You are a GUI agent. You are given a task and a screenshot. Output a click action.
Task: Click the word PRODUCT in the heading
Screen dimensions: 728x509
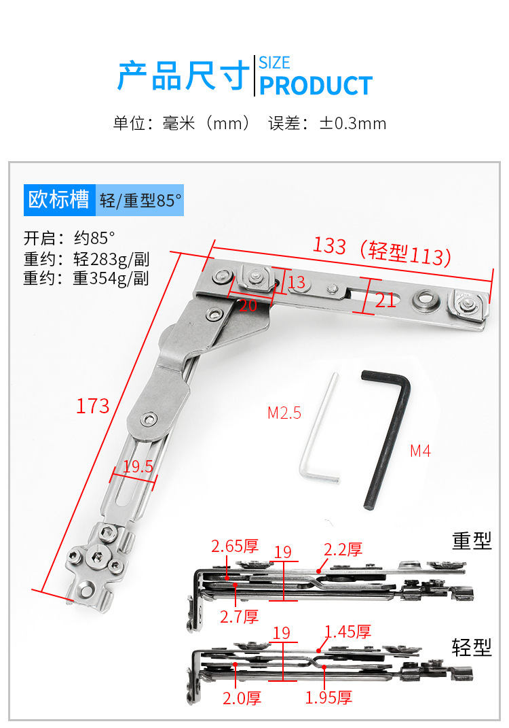(x=316, y=86)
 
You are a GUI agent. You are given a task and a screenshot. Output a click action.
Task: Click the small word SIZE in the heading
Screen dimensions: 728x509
(x=274, y=63)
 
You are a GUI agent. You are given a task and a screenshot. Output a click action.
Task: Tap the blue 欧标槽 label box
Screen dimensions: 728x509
(x=58, y=201)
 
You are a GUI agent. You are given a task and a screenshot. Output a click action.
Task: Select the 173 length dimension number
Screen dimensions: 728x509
(x=93, y=406)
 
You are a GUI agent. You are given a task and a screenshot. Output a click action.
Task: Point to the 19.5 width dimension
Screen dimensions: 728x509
(x=138, y=466)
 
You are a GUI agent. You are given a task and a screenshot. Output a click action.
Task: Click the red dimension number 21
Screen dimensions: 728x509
(x=385, y=299)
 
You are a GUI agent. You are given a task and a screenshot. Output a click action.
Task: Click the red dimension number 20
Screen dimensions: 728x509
(x=248, y=305)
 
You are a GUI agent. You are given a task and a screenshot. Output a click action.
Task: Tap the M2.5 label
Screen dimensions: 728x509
(x=284, y=413)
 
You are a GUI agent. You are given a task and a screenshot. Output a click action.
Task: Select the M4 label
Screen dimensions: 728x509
(x=420, y=451)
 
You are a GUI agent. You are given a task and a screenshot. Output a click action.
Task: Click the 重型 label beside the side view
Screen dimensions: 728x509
(x=472, y=542)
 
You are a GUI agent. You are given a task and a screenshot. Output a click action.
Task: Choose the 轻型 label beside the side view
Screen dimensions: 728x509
(x=472, y=647)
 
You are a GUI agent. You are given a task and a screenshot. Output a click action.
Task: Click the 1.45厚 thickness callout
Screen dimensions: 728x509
(x=347, y=632)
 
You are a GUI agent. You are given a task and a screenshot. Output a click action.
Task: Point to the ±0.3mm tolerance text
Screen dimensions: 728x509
(x=353, y=124)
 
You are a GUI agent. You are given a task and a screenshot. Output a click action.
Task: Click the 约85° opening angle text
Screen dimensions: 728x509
(x=94, y=239)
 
